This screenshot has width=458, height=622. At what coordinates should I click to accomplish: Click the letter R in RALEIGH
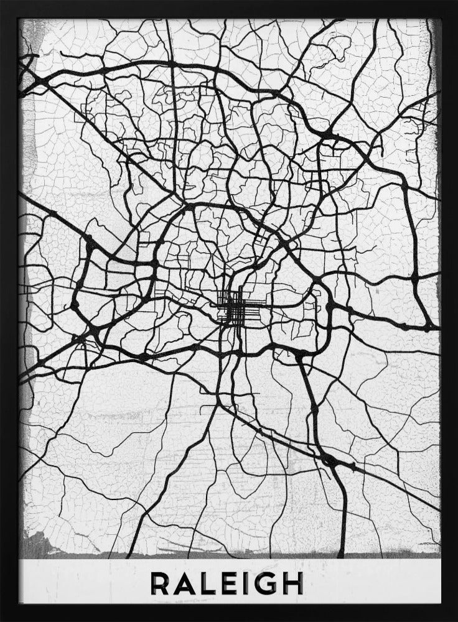tap(161, 583)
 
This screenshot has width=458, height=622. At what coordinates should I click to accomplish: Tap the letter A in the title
tap(185, 583)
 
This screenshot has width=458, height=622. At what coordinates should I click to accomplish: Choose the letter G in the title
tap(264, 583)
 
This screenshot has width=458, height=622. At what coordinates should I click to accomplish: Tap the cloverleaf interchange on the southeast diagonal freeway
tap(329, 461)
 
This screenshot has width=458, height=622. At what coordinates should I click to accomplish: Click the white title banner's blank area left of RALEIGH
tap(81, 583)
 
